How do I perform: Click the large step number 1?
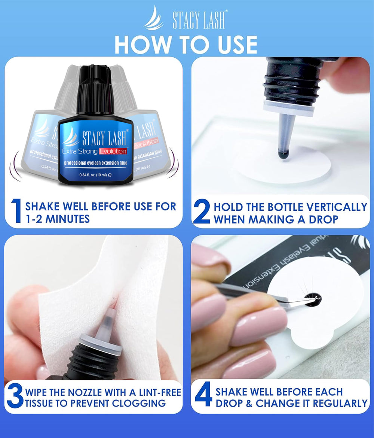16,211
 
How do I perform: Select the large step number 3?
15,398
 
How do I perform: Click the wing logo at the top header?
154,19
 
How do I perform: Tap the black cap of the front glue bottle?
95,90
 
